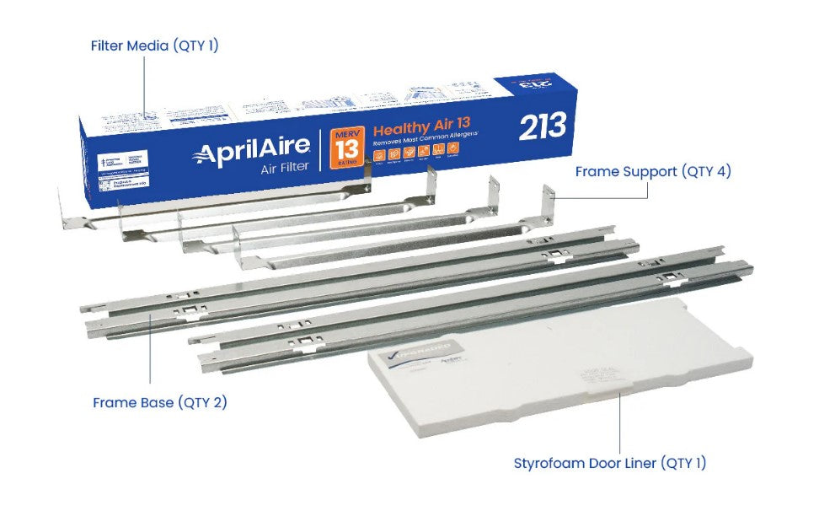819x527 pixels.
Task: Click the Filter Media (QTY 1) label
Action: coord(154,46)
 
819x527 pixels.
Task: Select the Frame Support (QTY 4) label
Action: coord(652,171)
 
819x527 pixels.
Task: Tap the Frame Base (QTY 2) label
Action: coord(159,402)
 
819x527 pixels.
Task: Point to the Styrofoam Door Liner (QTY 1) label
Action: coord(610,462)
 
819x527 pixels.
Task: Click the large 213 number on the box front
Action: coord(542,126)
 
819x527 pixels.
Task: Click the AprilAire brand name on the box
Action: coord(252,153)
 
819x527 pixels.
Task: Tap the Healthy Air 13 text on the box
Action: coord(415,130)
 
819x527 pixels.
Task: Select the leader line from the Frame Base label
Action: coord(152,354)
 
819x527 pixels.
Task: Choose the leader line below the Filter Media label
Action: coord(143,84)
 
